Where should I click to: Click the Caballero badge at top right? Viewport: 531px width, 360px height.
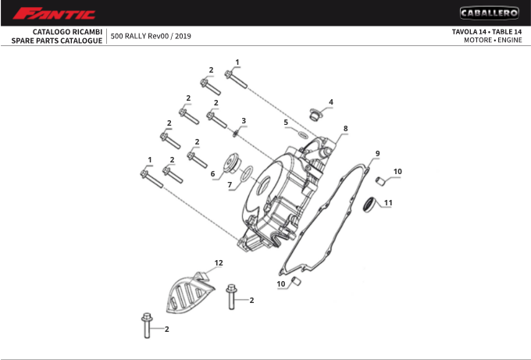pos(489,12)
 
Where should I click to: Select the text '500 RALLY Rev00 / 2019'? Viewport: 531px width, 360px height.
pos(151,36)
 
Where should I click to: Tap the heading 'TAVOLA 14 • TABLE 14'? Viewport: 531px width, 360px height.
pos(486,31)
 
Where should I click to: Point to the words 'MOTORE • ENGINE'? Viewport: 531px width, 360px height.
pos(493,40)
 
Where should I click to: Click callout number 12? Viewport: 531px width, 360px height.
pos(219,262)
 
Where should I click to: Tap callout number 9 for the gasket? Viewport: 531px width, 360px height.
pos(377,153)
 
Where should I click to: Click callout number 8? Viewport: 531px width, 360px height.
pos(345,128)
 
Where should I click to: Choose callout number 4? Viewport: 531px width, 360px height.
pos(330,102)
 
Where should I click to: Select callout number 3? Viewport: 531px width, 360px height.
pos(244,121)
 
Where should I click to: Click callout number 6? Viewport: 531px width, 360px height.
pos(212,173)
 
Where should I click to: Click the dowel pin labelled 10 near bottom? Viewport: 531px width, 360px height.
pos(296,280)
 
